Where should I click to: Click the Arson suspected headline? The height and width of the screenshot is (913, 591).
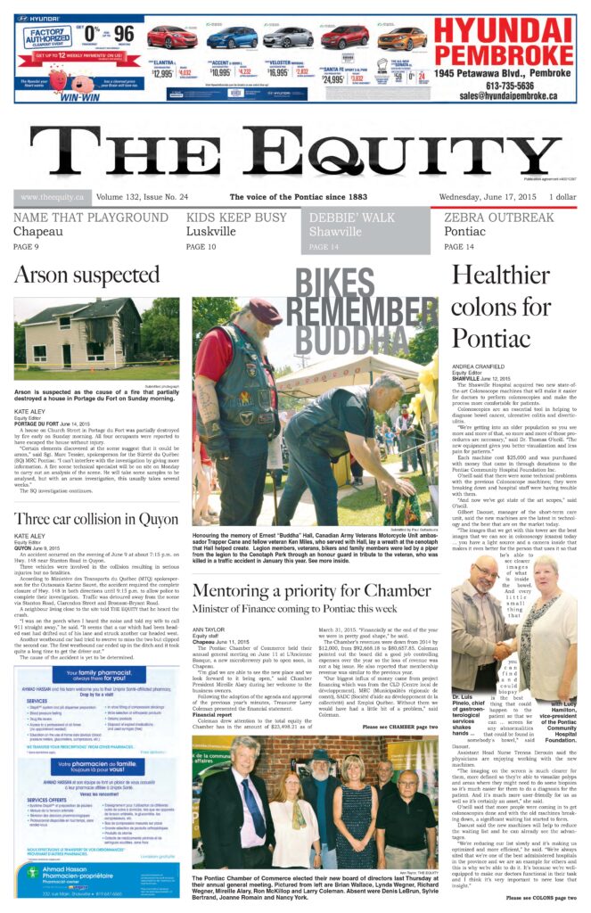pyautogui.click(x=86, y=275)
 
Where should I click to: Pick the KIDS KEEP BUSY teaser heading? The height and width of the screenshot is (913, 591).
pyautogui.click(x=236, y=218)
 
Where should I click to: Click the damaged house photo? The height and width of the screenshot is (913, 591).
pyautogui.click(x=83, y=339)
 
